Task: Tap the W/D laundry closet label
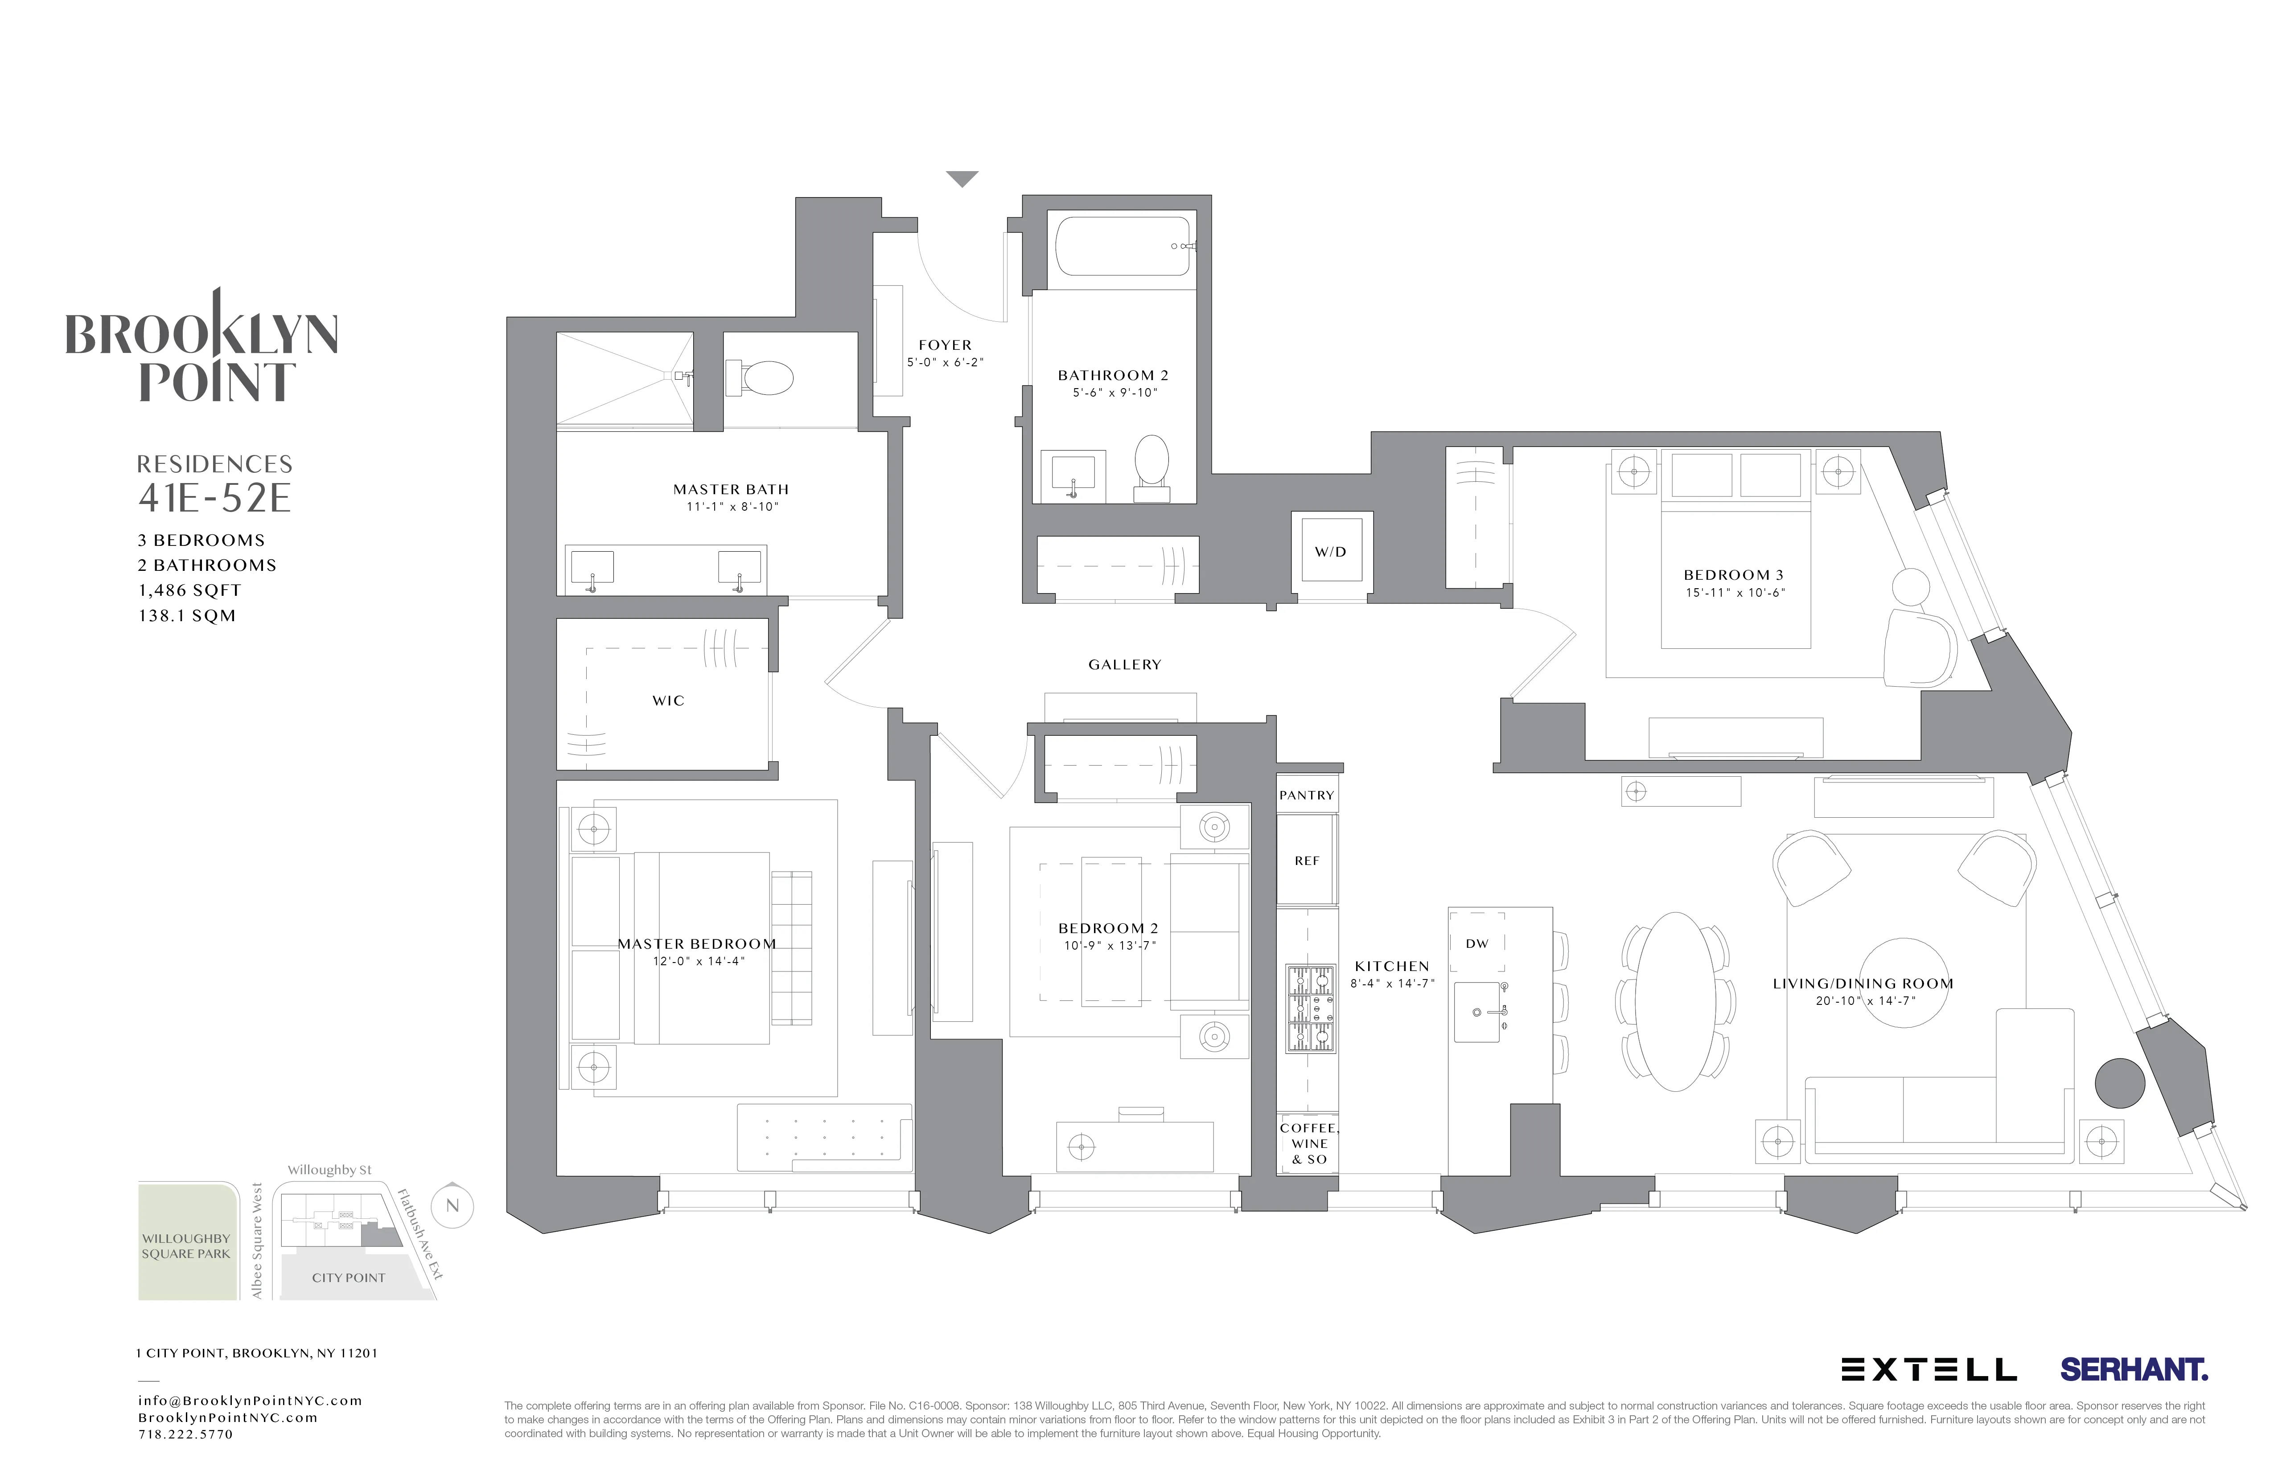[1330, 552]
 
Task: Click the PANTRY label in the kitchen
[1306, 795]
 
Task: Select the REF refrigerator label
[1306, 860]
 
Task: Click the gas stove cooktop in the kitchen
[1310, 1009]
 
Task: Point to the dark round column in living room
[2119, 1083]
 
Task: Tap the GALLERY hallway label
[1125, 665]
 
